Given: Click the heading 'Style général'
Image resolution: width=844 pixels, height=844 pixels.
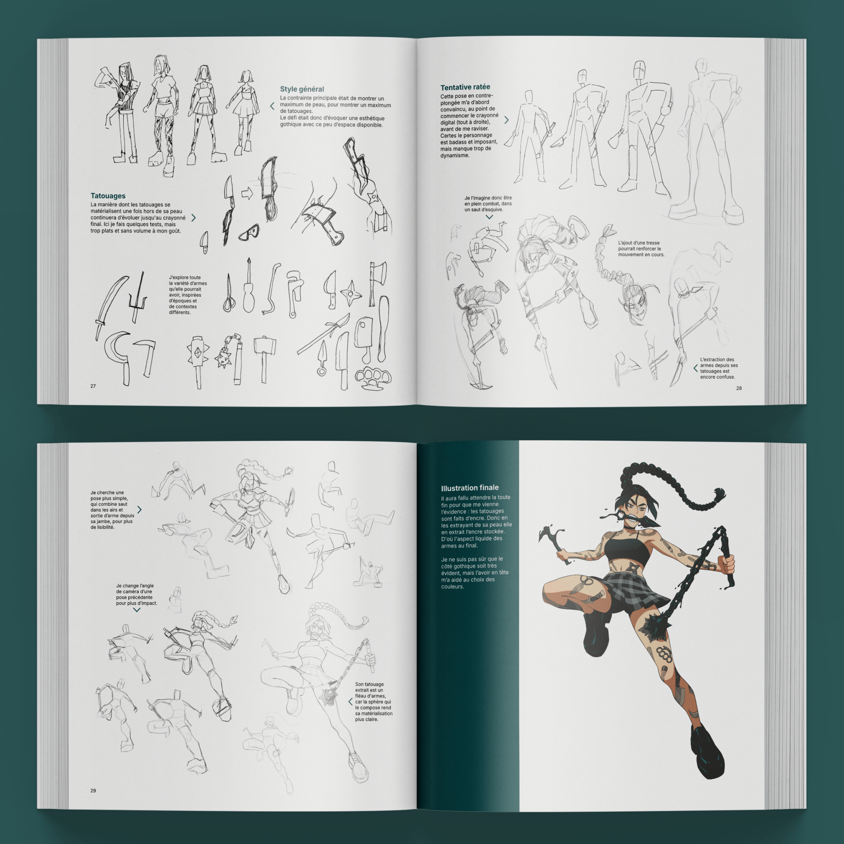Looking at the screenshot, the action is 302,89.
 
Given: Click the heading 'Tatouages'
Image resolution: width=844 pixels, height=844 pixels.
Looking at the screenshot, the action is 108,196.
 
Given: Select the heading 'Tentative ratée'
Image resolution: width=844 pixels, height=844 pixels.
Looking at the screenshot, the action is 465,87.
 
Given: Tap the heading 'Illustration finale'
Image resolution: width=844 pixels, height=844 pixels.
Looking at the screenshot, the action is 470,488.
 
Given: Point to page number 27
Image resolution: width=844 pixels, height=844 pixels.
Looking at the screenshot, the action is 93,386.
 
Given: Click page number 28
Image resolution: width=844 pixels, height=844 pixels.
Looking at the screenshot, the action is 739,388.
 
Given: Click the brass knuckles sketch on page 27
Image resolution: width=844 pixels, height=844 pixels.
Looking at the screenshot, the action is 373,378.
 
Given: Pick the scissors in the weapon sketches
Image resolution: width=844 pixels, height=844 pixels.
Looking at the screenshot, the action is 228,293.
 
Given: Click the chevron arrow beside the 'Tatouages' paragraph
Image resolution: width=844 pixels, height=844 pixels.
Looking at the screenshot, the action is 194,218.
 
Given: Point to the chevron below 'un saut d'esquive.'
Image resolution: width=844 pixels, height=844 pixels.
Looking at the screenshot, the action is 489,216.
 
